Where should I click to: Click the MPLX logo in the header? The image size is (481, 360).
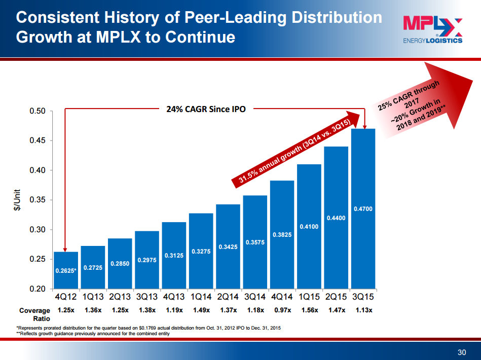432,29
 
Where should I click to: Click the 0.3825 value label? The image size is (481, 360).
282,235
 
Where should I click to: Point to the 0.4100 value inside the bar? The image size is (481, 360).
309,227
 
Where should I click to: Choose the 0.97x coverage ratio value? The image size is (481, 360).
282,310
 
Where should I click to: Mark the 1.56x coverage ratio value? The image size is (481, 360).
309,310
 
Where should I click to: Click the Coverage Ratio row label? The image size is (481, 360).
34,314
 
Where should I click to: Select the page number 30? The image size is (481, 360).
461,352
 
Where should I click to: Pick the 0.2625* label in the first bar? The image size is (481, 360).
65,271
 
